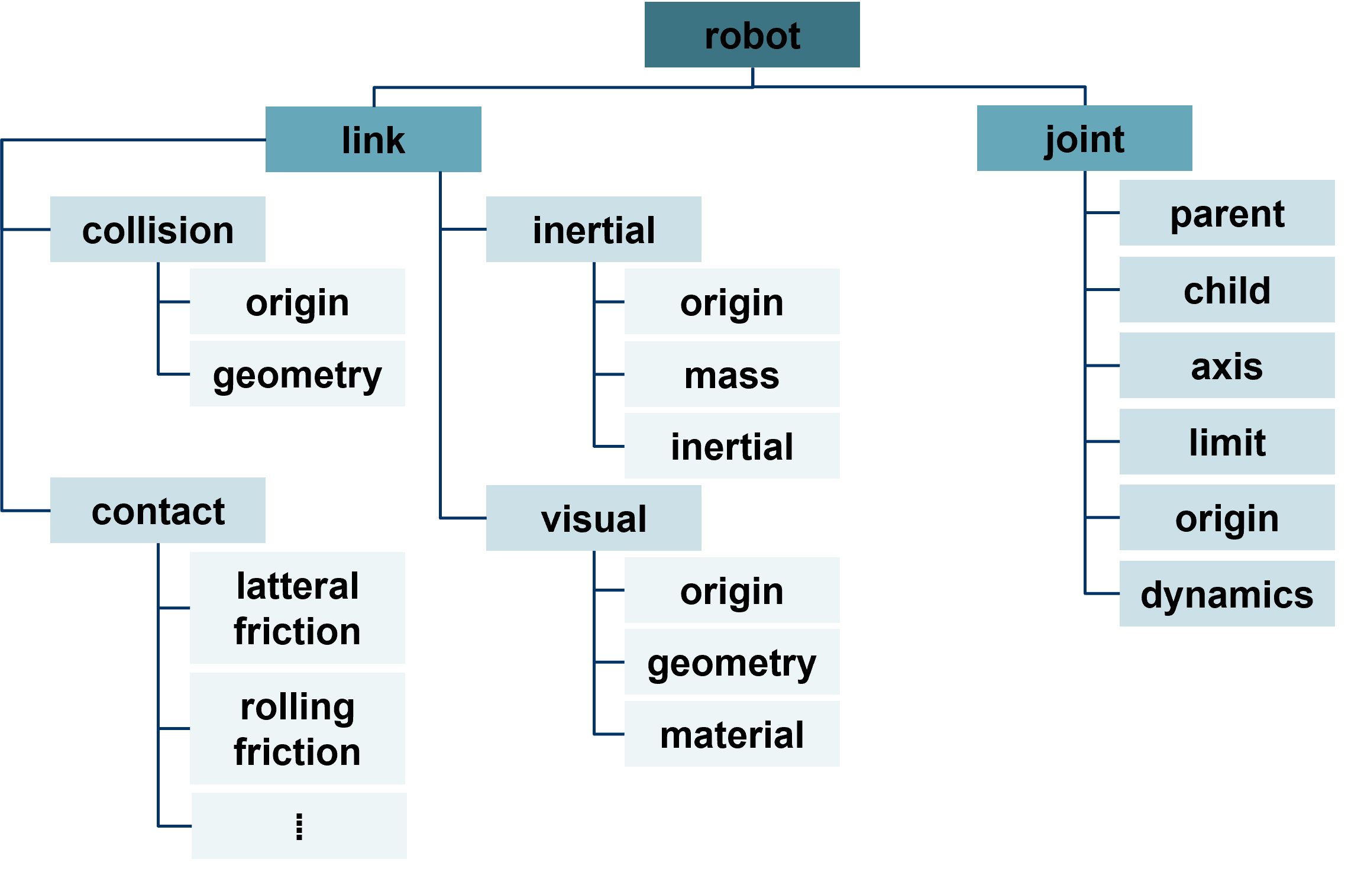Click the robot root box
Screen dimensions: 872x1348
tap(752, 34)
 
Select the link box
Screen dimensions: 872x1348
tap(373, 140)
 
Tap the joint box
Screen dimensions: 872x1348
tap(1084, 138)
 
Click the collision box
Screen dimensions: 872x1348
tap(158, 230)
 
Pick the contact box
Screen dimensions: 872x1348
tap(158, 511)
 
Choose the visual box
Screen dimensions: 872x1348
tap(593, 518)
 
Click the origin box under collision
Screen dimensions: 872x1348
tap(298, 302)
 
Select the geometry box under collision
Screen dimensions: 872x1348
tap(298, 374)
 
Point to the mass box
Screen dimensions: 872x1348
tap(732, 374)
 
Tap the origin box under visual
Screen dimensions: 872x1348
tap(732, 590)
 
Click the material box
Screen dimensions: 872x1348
tap(732, 734)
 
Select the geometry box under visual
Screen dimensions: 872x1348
tap(732, 662)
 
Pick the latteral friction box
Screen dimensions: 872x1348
tap(298, 608)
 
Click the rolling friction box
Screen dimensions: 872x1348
tap(298, 729)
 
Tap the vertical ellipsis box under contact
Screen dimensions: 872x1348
tap(299, 826)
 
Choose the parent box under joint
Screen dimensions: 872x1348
tap(1227, 213)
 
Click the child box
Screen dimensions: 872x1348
tap(1227, 290)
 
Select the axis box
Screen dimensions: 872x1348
tap(1227, 366)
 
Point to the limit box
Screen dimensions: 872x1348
tap(1227, 442)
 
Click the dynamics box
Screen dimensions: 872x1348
tap(1227, 594)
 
